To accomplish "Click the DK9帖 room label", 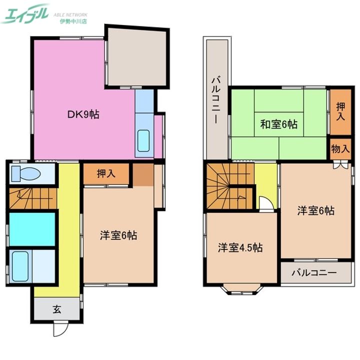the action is pos(83,114).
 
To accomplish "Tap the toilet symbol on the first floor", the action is pos(25,173).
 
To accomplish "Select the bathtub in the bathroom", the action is pos(20,266).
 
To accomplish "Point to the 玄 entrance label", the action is pos(57,309).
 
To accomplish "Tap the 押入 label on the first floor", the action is pos(106,173).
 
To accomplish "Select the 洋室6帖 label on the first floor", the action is pos(118,235).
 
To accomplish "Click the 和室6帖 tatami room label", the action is pos(278,124).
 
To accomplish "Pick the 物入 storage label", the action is pos(340,149).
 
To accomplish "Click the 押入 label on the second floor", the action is pos(340,111).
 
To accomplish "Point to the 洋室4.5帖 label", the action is pos(240,247).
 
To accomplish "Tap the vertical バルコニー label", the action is pos(216,100).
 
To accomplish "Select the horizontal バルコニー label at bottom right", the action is pos(314,273).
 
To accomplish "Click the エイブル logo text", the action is pos(25,13).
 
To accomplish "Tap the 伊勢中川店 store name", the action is pos(73,22).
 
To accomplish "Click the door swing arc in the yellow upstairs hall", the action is pos(267,202).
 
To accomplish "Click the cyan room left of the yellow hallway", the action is pos(32,229).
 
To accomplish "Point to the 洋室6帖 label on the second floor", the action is pos(316,210).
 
